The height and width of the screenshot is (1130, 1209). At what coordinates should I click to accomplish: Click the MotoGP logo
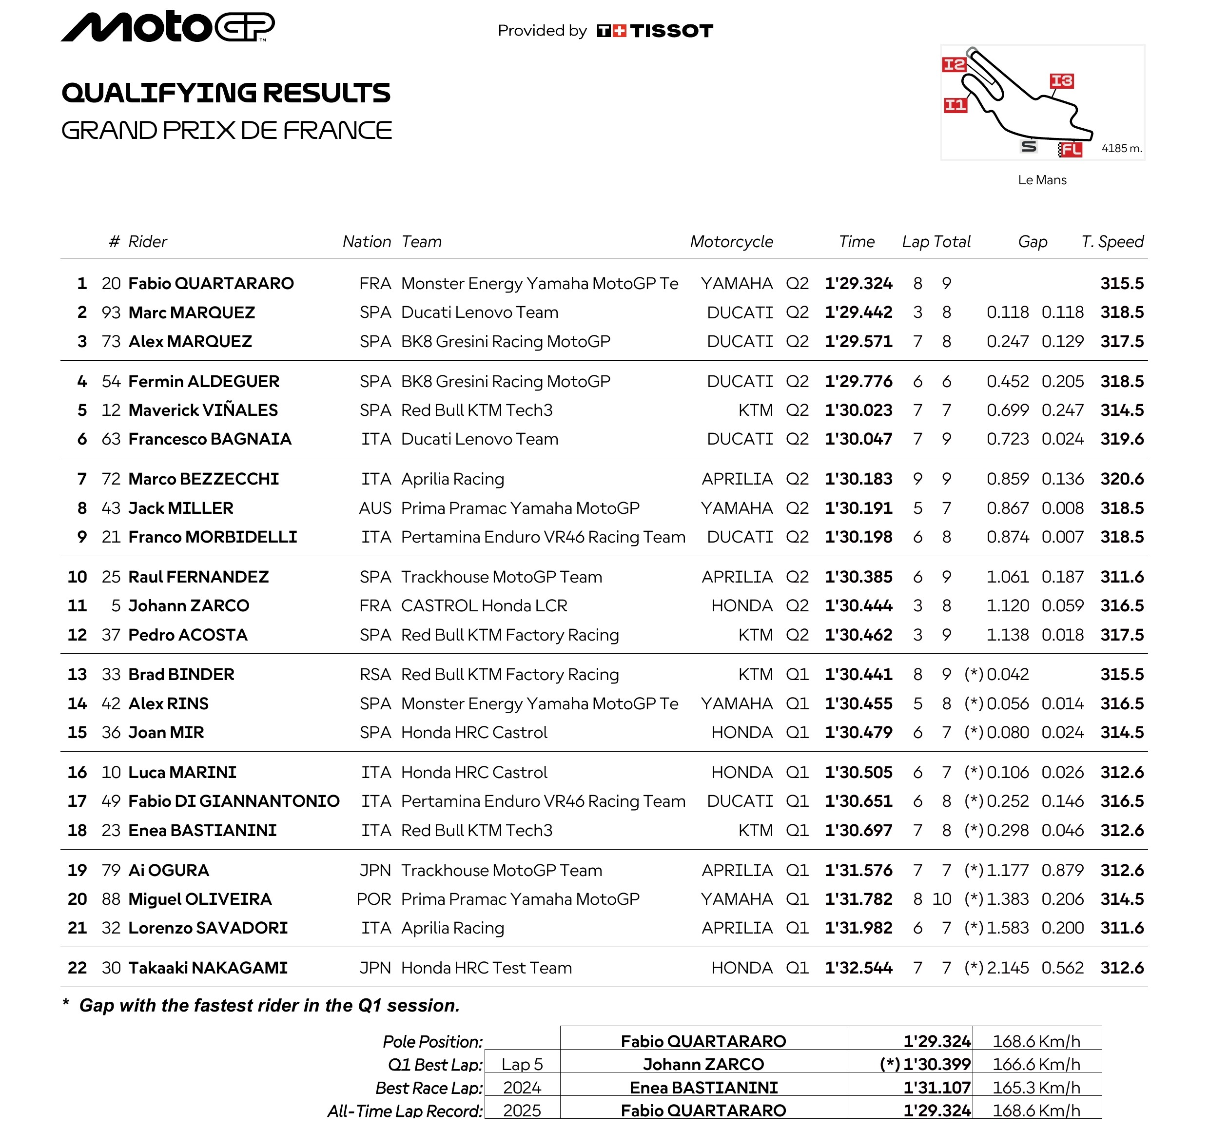pos(168,27)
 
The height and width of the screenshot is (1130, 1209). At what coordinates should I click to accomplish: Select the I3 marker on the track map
pos(1061,81)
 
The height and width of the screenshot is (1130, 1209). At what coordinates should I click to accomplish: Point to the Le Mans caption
pos(1042,180)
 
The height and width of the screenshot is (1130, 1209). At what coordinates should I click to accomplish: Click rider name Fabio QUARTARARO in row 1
pos(211,283)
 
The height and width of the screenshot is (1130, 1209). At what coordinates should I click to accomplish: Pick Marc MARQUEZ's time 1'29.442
pos(858,312)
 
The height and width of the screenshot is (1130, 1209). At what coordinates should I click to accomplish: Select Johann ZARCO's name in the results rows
pos(189,606)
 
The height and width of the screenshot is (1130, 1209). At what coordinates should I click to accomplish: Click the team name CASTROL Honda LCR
pos(484,606)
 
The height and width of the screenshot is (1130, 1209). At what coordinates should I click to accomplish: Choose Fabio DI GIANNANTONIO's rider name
pos(234,801)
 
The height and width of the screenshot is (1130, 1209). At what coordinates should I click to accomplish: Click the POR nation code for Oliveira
pos(373,899)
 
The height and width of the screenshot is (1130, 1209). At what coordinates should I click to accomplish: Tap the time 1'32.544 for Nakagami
pos(858,968)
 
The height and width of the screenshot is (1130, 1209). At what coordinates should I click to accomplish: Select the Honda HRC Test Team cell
pos(487,968)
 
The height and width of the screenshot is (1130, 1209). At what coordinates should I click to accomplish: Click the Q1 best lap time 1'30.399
pos(936,1064)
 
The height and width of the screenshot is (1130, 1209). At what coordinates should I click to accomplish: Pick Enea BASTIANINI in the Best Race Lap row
pos(703,1088)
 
